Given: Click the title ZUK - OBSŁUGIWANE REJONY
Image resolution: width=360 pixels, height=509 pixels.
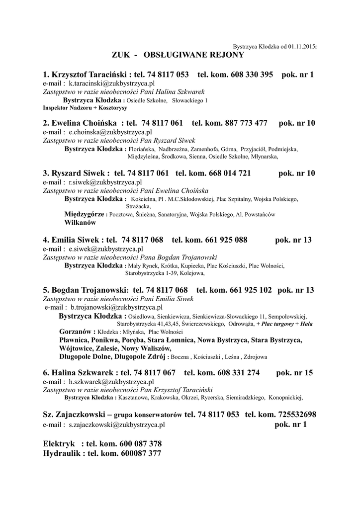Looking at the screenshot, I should tap(178, 54).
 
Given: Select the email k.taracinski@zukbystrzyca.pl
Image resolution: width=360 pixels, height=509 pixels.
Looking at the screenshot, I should tap(112, 84).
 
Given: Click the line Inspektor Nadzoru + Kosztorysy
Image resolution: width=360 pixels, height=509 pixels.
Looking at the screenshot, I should tap(85, 107).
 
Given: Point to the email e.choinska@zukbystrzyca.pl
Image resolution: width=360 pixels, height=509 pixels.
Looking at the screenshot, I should tap(110, 132).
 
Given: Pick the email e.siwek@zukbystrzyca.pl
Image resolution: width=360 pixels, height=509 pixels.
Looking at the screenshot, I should tap(106, 249).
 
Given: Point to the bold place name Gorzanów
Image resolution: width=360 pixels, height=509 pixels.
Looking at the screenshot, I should tap(77, 332).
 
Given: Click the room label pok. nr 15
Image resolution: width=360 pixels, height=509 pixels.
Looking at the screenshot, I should tap(294, 372).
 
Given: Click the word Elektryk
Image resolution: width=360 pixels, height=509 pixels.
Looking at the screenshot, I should tap(59, 443).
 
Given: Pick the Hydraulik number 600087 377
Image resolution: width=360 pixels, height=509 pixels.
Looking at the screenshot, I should tap(141, 453).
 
